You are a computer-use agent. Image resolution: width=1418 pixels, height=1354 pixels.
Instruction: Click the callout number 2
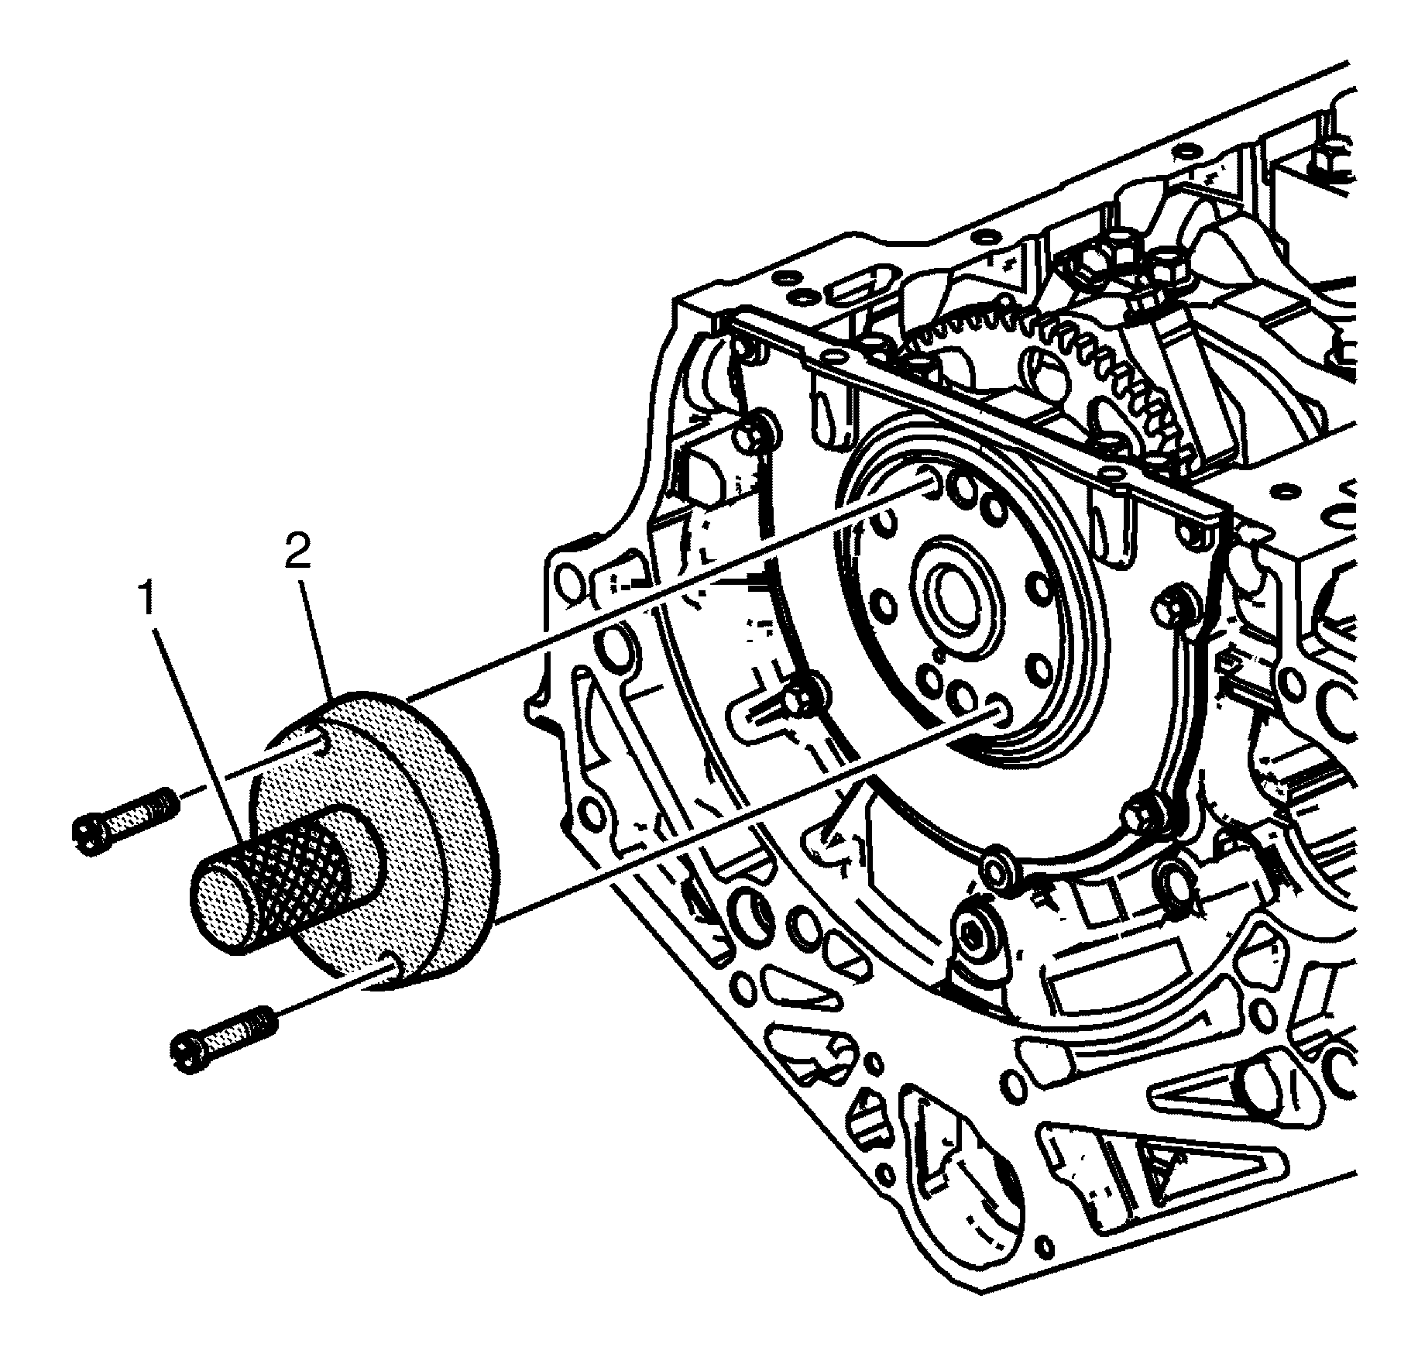(297, 552)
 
